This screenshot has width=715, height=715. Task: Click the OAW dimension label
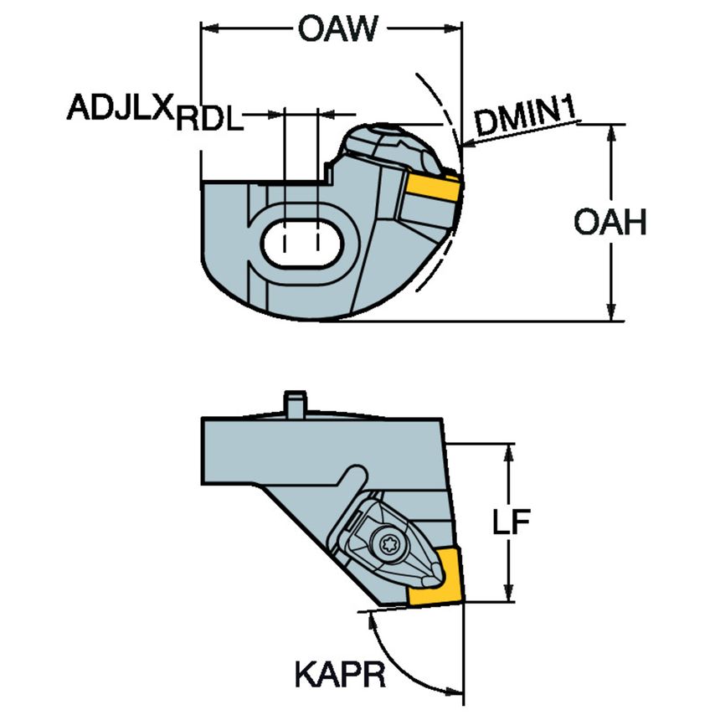click(333, 32)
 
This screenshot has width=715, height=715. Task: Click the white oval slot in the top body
click(301, 244)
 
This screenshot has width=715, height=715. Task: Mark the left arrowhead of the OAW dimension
click(209, 32)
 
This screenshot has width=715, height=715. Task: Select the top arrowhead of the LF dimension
click(508, 453)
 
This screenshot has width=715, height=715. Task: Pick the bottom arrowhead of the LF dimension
click(508, 593)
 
